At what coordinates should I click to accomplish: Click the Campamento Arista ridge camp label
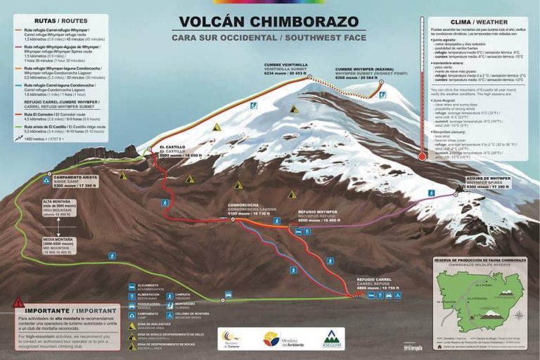(x=75, y=181)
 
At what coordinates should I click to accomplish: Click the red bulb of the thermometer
(x=422, y=157)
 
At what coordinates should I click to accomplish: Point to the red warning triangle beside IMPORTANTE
(x=18, y=303)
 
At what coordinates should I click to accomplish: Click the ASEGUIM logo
(x=332, y=338)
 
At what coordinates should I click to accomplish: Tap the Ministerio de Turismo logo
(x=231, y=338)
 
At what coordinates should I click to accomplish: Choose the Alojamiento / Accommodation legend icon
(x=131, y=287)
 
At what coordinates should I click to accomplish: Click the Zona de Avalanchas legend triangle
(x=131, y=326)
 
